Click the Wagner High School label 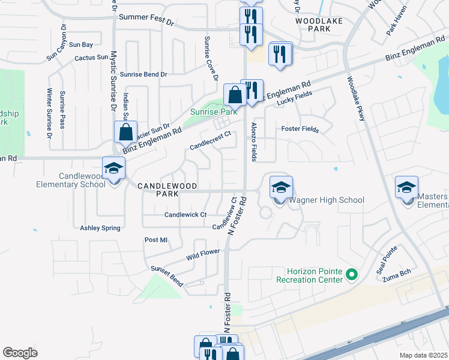[x=327, y=200]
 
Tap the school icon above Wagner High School [x=281, y=187]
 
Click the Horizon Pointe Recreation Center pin [x=352, y=276]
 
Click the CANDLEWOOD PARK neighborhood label [x=167, y=187]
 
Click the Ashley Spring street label [x=100, y=228]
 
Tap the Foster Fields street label [x=300, y=129]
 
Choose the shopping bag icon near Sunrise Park [x=234, y=95]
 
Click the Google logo [x=20, y=353]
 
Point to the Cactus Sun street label [x=91, y=58]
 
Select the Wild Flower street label [x=203, y=253]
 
